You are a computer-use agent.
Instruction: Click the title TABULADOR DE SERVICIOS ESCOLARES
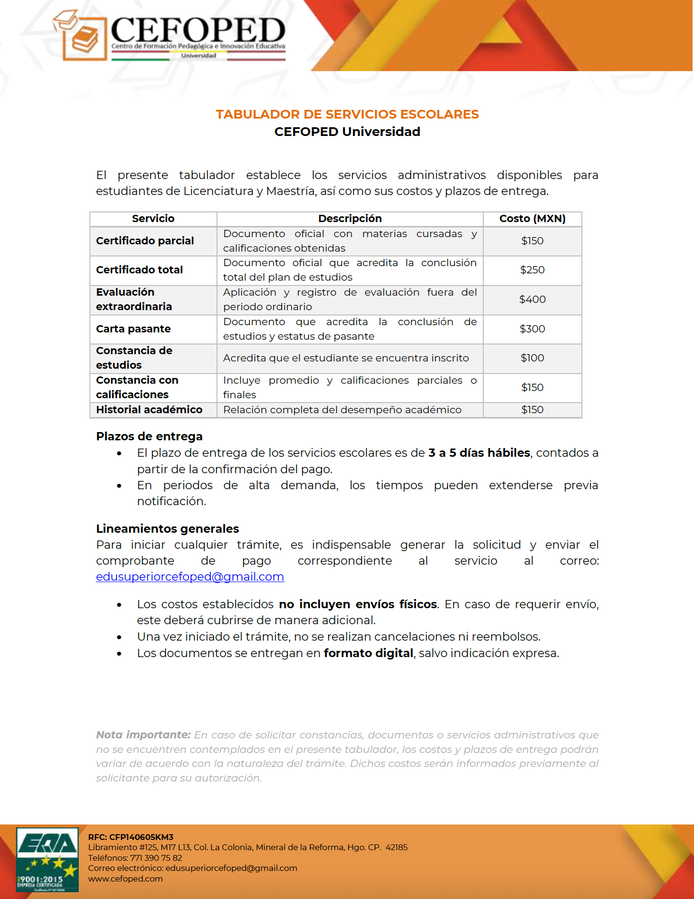(x=347, y=114)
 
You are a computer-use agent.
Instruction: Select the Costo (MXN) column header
(x=532, y=219)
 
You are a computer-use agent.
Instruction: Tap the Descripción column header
(x=350, y=219)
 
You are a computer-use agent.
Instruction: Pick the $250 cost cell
(x=532, y=270)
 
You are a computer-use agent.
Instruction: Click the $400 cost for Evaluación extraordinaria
(x=532, y=300)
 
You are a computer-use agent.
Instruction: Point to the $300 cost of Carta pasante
(x=532, y=329)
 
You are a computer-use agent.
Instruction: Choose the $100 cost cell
(x=532, y=358)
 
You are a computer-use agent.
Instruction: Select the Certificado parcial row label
(x=145, y=241)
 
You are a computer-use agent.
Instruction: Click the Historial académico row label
(x=149, y=410)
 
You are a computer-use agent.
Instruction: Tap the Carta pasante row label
(x=133, y=329)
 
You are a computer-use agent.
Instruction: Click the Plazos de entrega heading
(x=149, y=436)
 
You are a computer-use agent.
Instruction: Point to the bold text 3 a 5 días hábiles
(x=479, y=453)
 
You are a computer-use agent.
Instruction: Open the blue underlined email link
(x=190, y=577)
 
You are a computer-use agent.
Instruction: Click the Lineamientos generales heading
(x=168, y=529)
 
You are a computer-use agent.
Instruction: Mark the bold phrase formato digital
(x=368, y=653)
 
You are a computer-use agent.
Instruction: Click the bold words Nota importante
(x=143, y=735)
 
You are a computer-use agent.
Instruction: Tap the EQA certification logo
(x=47, y=859)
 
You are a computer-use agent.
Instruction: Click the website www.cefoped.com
(x=125, y=879)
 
